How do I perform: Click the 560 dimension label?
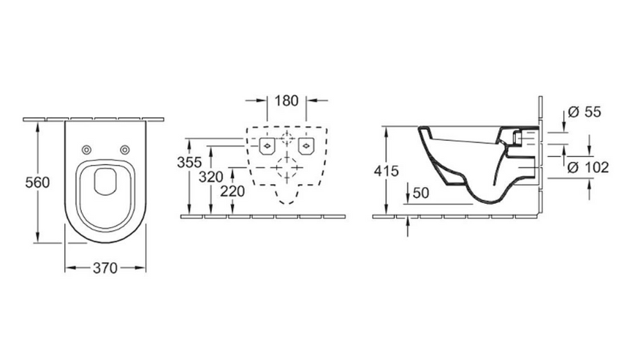tap(37, 183)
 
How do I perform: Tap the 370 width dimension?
tap(105, 268)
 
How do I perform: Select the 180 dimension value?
tap(286, 101)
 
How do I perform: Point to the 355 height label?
tap(189, 162)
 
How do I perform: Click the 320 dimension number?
tap(211, 177)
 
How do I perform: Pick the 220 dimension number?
tap(232, 191)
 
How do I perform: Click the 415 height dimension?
tap(387, 171)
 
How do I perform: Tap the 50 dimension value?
tap(421, 193)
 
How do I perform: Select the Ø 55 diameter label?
tap(585, 111)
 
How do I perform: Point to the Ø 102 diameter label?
tap(588, 167)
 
